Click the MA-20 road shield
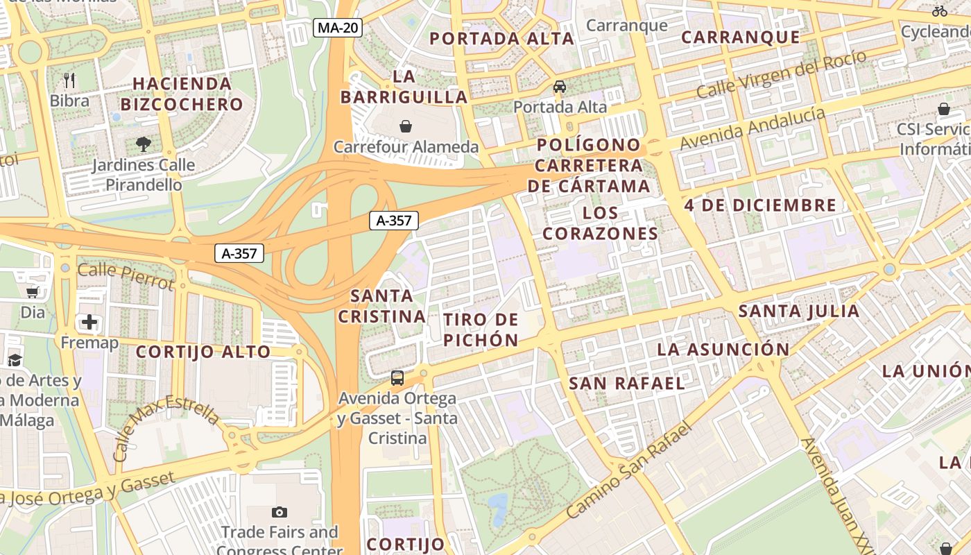coord(338,28)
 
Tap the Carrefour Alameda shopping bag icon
coord(406,126)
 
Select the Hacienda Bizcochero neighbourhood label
coord(182,94)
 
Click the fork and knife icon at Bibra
coord(69,80)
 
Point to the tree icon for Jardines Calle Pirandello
coord(144,144)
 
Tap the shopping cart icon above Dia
coord(32,292)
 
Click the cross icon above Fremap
coord(89,322)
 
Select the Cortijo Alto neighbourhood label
coord(203,352)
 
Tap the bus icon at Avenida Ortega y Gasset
coord(397,378)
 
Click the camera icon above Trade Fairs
coord(280,513)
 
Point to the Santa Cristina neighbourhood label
coord(381,306)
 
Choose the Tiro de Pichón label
coord(481,330)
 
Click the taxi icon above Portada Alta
coord(560,87)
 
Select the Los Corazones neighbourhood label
coord(600,223)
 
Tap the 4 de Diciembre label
coord(760,205)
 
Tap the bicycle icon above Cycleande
coord(940,11)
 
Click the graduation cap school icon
coord(15,359)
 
